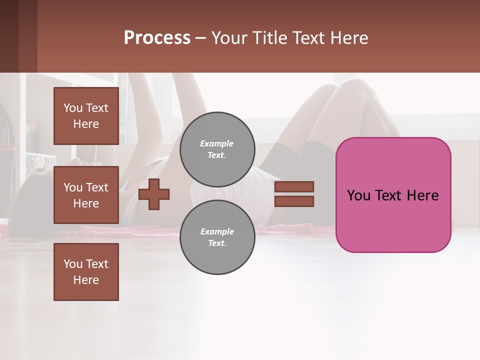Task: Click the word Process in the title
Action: pos(157,38)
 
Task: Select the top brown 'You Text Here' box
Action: pos(86,116)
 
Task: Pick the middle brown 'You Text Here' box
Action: pos(86,195)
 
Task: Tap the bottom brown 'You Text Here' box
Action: pos(86,272)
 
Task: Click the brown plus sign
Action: pos(154,194)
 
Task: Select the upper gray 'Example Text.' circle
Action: pos(217,149)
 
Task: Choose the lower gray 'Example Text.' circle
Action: pos(217,237)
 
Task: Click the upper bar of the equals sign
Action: pos(294,186)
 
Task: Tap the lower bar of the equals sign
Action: pos(294,201)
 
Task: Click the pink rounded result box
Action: pos(393,220)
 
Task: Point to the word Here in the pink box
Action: pos(422,195)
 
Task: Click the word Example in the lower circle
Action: pos(217,231)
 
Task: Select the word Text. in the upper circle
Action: pos(217,155)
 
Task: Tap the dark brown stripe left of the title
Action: pos(28,36)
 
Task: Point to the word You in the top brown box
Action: pos(73,108)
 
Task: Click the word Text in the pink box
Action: pos(388,195)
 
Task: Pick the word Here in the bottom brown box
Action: pos(86,280)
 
